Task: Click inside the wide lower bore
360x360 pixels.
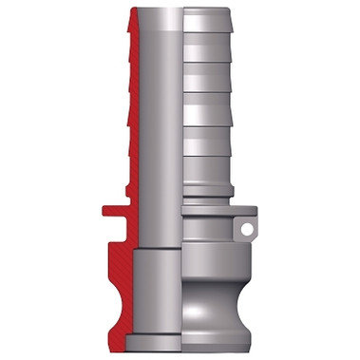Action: tap(157, 294)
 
